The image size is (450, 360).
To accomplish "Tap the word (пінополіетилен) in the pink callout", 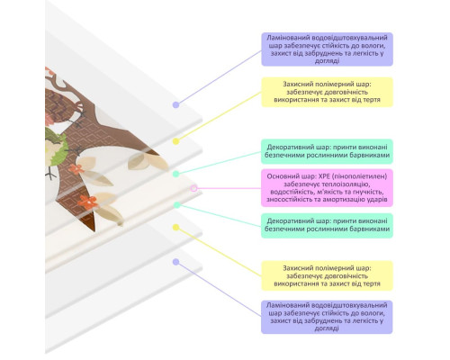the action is coord(359,176).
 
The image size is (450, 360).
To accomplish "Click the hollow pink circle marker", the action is coord(193,188).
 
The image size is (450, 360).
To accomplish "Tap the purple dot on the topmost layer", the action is coord(176,104).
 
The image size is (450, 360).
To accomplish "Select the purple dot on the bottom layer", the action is coord(176,262).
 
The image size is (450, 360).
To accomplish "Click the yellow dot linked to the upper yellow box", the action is coord(176,141).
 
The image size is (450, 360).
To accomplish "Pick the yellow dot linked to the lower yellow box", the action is coord(176,228).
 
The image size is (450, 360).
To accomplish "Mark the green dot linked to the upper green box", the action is coord(176,174).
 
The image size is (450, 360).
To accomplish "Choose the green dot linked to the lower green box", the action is coord(177,205).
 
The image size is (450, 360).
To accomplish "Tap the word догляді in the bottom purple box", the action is coord(327,328).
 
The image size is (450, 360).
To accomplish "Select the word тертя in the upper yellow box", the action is coord(372,100).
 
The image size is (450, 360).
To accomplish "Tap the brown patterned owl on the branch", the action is coord(61,106).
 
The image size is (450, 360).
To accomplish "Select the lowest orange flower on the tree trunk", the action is coord(88,202).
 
